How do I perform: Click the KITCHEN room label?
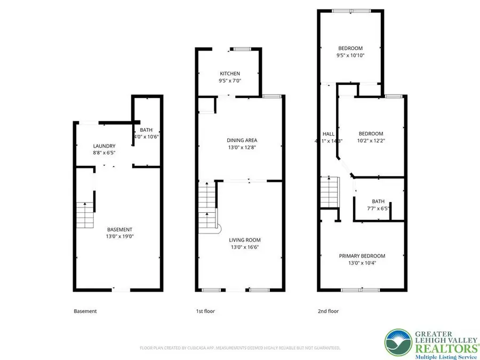click(x=230, y=74)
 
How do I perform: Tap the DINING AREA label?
click(x=239, y=140)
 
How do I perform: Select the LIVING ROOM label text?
click(x=245, y=240)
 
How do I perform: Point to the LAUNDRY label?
click(x=104, y=146)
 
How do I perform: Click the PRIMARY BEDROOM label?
click(x=362, y=256)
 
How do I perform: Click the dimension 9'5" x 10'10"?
click(x=350, y=55)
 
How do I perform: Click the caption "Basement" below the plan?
click(x=85, y=311)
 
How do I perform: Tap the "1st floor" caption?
click(x=205, y=311)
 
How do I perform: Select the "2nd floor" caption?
click(x=328, y=311)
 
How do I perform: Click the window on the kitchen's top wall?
click(x=242, y=49)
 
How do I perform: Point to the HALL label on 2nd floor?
click(x=328, y=134)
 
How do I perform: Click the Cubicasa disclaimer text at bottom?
click(x=240, y=348)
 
